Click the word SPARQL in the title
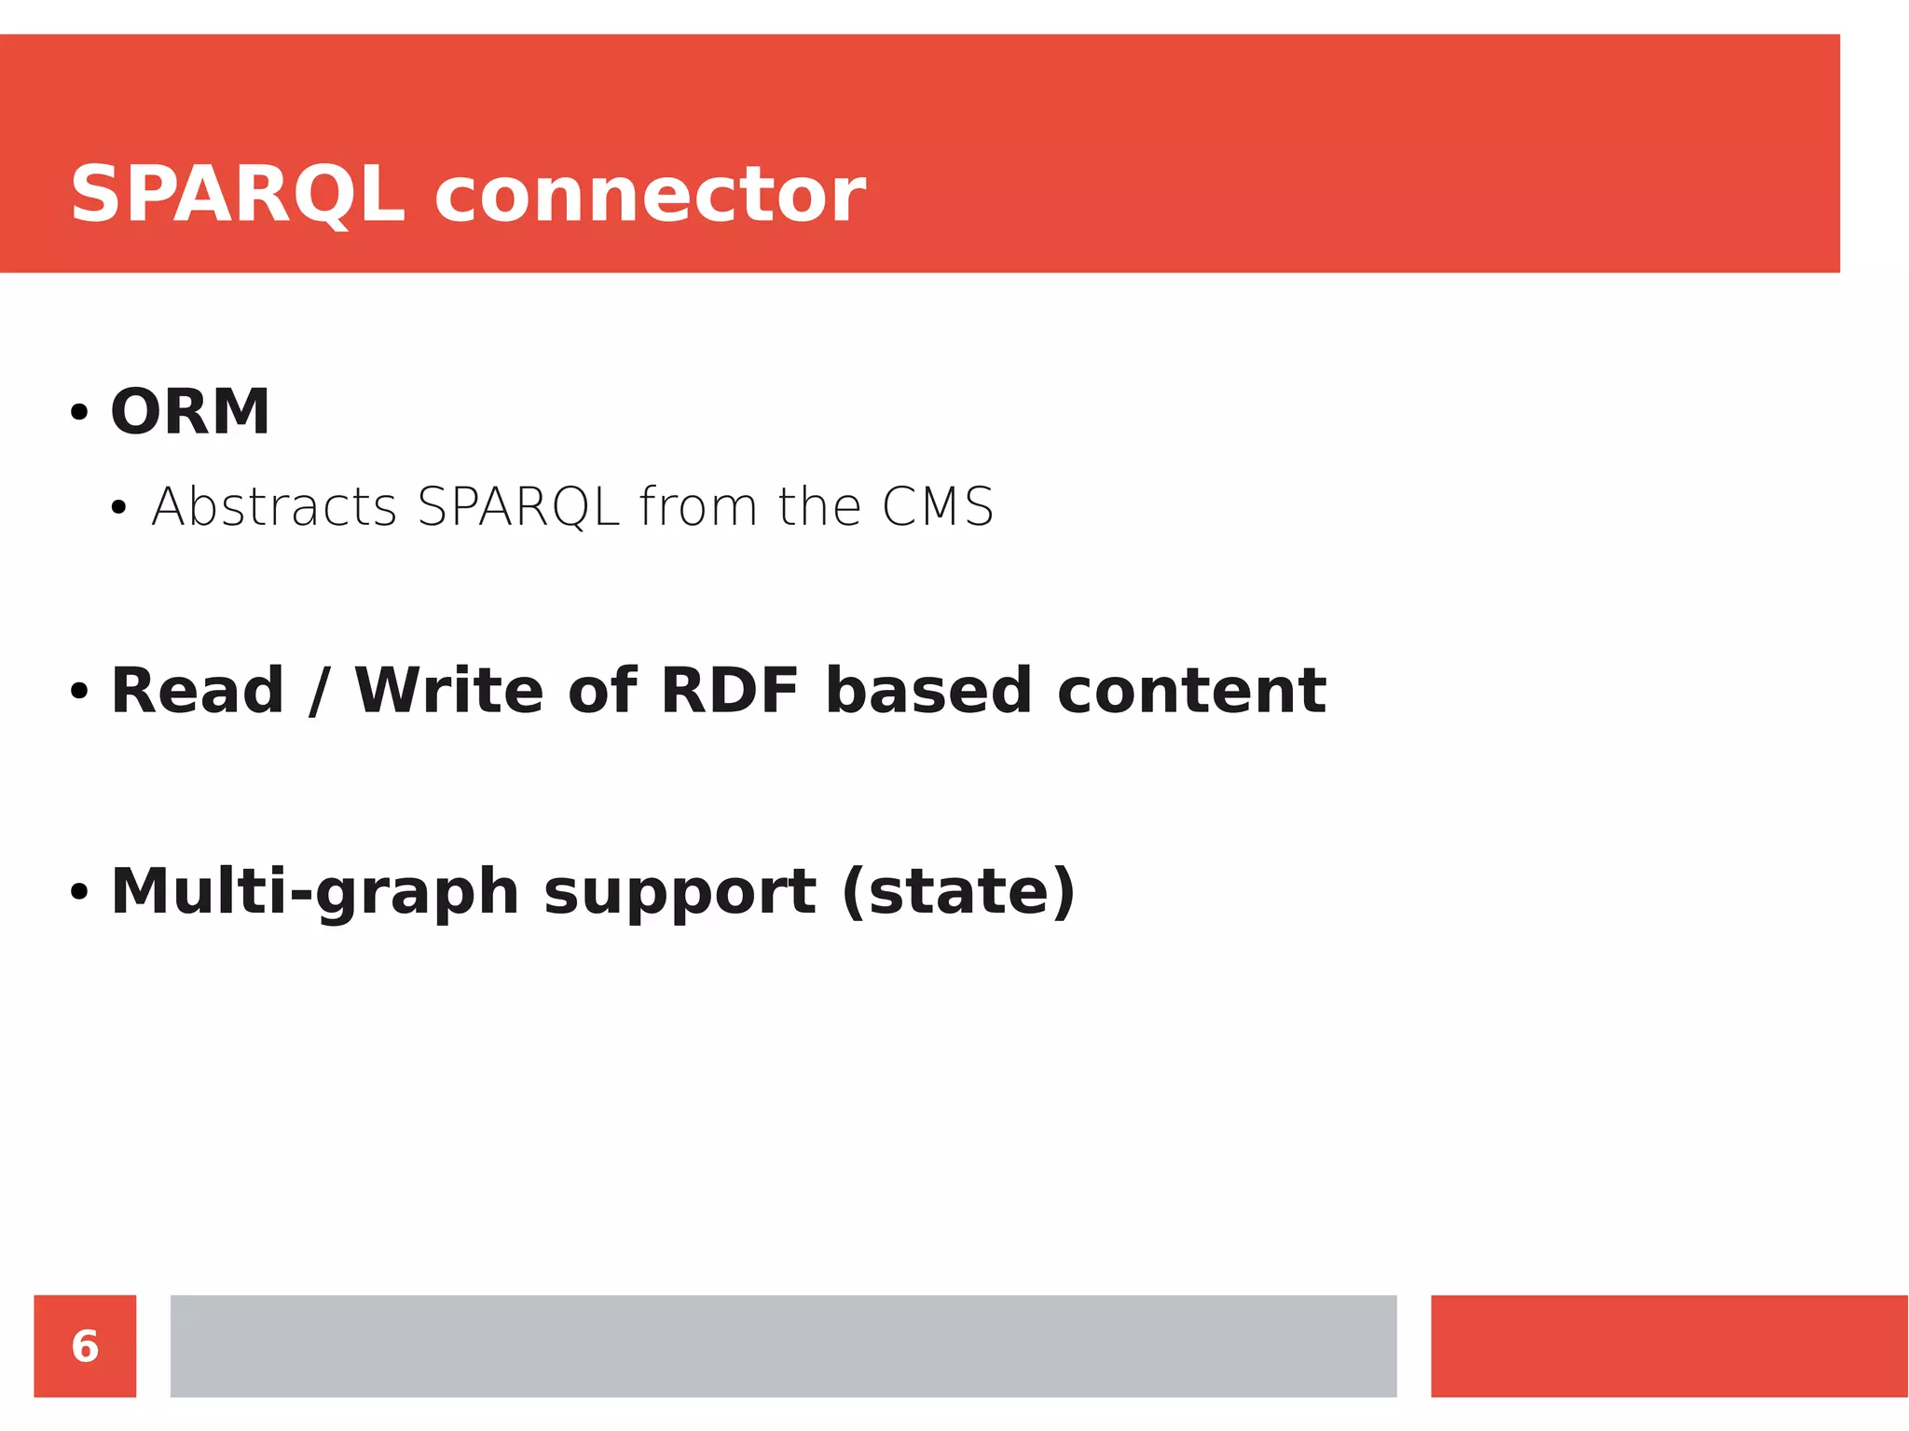(x=238, y=194)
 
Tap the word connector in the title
(x=650, y=196)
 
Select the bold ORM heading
(x=190, y=411)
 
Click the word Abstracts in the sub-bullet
(x=274, y=506)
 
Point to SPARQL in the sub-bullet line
(x=518, y=506)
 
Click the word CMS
(x=938, y=506)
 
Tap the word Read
(x=198, y=691)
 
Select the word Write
(x=449, y=691)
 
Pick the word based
(x=928, y=691)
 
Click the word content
(x=1191, y=691)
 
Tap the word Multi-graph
(x=314, y=891)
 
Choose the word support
(x=680, y=893)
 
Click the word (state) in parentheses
(x=959, y=891)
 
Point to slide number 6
(x=85, y=1346)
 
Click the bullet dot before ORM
(x=79, y=412)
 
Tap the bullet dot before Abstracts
(x=118, y=508)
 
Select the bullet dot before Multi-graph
(x=79, y=892)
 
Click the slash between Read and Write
(x=320, y=691)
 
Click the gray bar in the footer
(x=783, y=1345)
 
